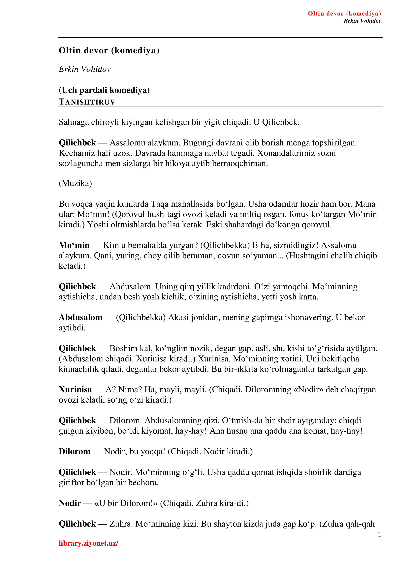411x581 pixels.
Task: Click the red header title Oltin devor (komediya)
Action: click(x=344, y=14)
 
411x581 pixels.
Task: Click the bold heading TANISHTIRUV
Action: click(x=87, y=102)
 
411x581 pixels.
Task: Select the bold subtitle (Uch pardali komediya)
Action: click(x=104, y=90)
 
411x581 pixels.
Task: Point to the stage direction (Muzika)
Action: click(x=75, y=183)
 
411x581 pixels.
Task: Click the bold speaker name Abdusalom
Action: click(x=80, y=317)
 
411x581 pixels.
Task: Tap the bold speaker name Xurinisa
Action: click(x=75, y=389)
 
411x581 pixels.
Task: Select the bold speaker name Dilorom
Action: click(x=74, y=451)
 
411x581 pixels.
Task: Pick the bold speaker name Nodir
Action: click(x=70, y=503)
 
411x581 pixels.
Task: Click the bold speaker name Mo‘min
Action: click(x=74, y=245)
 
